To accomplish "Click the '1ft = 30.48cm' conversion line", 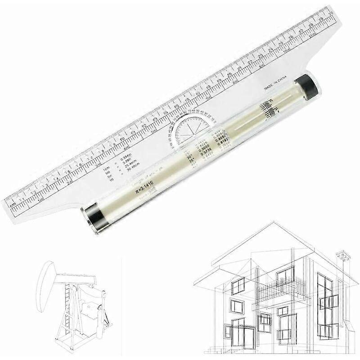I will coord(121,178).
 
